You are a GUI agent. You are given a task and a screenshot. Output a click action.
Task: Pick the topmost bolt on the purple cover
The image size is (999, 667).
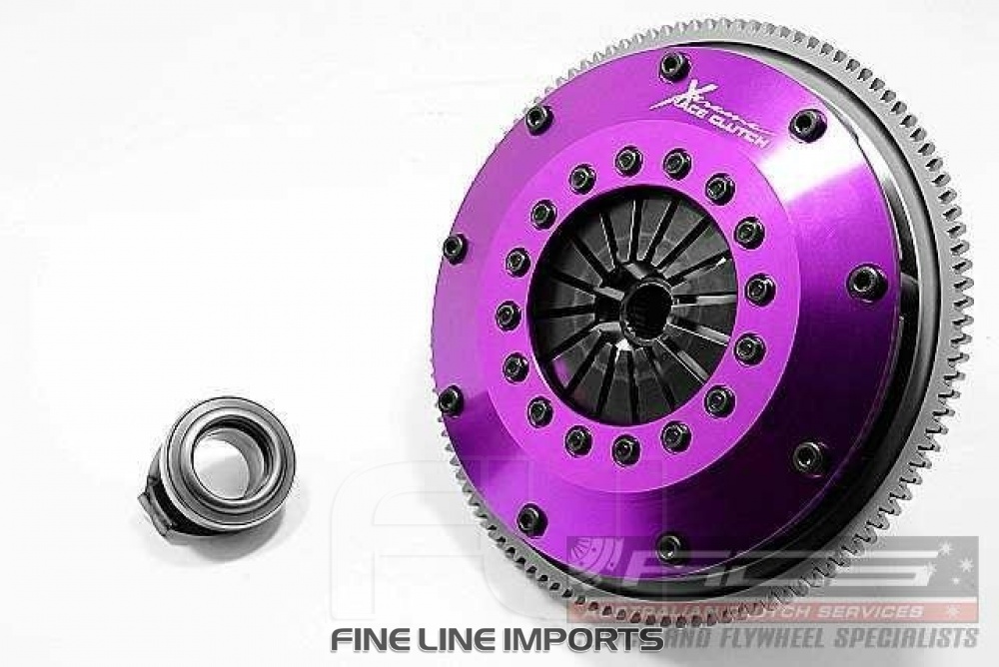tap(673, 66)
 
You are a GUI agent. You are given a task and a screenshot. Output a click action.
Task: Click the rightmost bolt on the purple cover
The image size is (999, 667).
tap(865, 282)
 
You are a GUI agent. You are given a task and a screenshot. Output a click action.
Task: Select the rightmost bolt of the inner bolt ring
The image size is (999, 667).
tap(760, 290)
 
